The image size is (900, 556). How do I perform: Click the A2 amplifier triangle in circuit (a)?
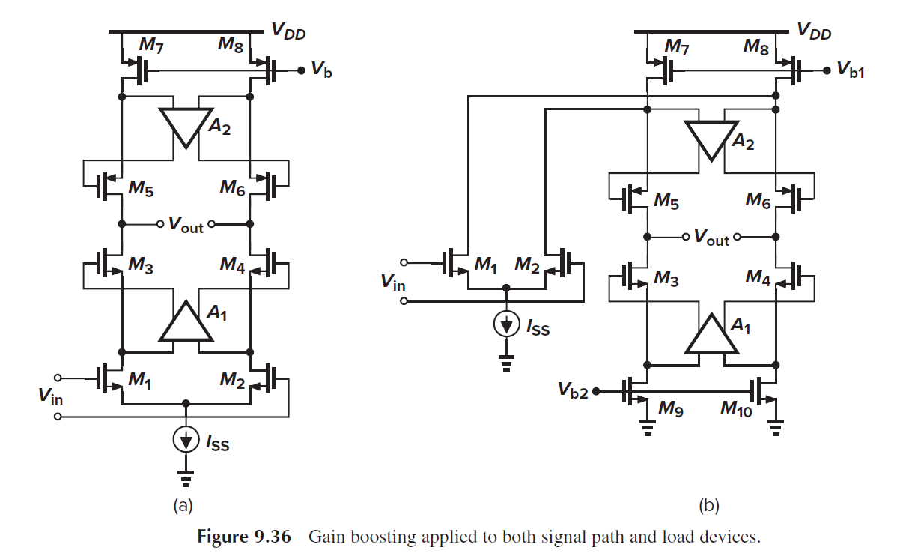pyautogui.click(x=186, y=126)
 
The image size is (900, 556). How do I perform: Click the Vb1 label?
pyautogui.click(x=851, y=71)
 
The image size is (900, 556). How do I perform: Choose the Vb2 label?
pyautogui.click(x=573, y=390)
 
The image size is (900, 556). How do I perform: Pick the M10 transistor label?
pyautogui.click(x=738, y=408)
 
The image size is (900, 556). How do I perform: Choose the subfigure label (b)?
pyautogui.click(x=709, y=506)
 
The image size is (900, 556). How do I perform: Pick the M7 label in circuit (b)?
pyautogui.click(x=677, y=46)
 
